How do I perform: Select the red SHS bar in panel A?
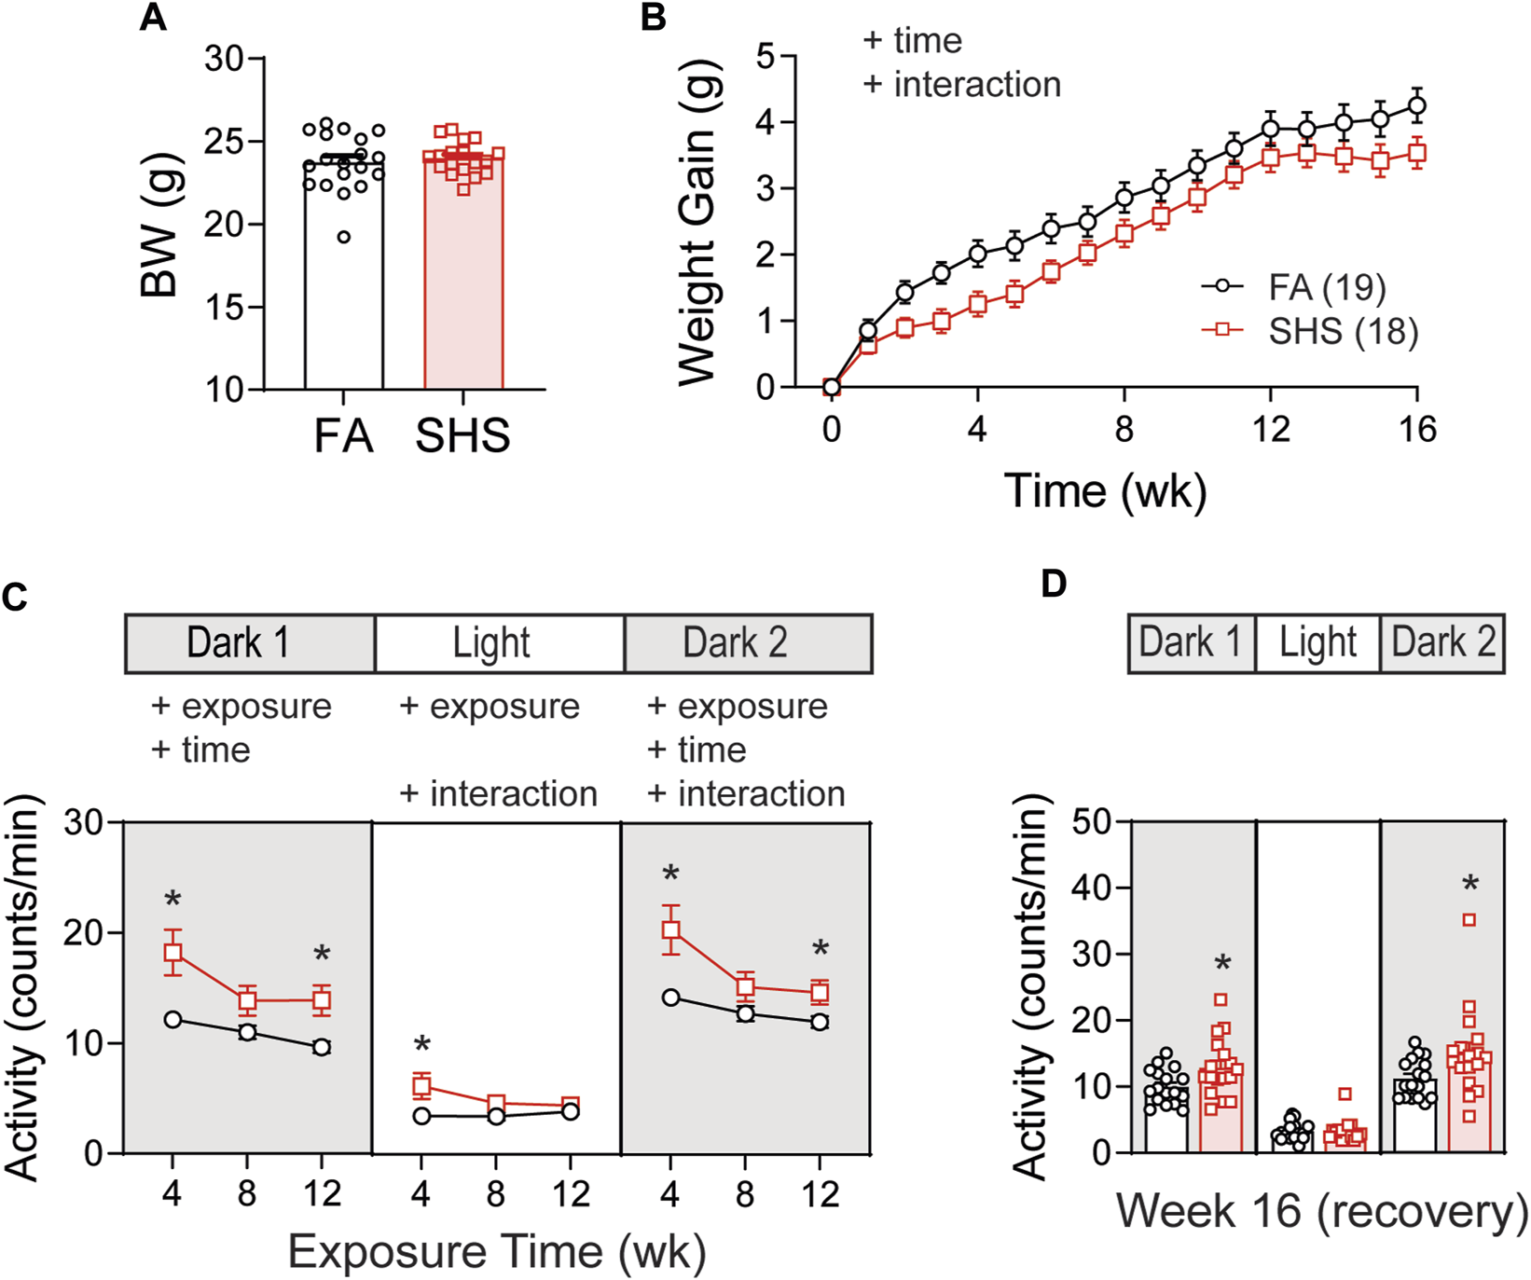(463, 280)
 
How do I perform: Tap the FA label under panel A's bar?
(343, 436)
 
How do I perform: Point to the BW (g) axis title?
(160, 224)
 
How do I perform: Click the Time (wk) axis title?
(1105, 491)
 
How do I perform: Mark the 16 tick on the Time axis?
(1417, 430)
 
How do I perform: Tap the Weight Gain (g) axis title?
(697, 224)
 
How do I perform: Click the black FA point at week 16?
(1417, 105)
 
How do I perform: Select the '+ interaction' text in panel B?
(961, 85)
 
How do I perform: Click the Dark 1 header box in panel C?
(250, 643)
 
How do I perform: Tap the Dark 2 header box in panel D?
(1442, 642)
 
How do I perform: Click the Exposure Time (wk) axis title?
(496, 1252)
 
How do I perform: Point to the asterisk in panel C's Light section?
(421, 1046)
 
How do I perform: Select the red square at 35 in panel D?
(1469, 920)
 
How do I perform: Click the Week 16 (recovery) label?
(1321, 1212)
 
